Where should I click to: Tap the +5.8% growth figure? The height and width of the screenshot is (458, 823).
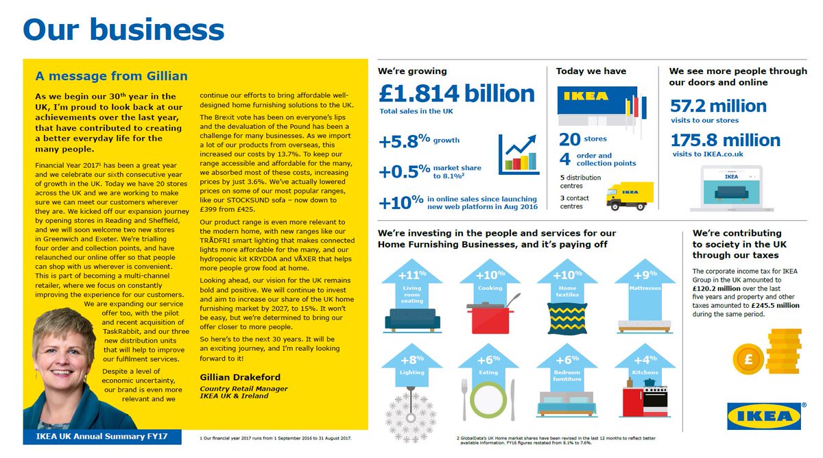(405, 141)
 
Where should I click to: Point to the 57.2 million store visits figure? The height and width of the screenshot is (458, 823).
(718, 106)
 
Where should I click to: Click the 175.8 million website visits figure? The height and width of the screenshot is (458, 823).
(725, 140)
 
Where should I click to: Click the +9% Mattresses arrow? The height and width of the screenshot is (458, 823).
(645, 288)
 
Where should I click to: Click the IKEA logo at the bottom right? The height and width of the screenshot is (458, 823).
(764, 416)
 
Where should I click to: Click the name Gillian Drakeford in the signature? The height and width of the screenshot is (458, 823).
(240, 376)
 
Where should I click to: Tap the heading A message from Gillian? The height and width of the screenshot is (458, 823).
(111, 75)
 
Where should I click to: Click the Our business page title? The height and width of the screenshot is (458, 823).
(123, 29)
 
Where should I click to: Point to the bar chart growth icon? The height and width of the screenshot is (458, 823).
(518, 154)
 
